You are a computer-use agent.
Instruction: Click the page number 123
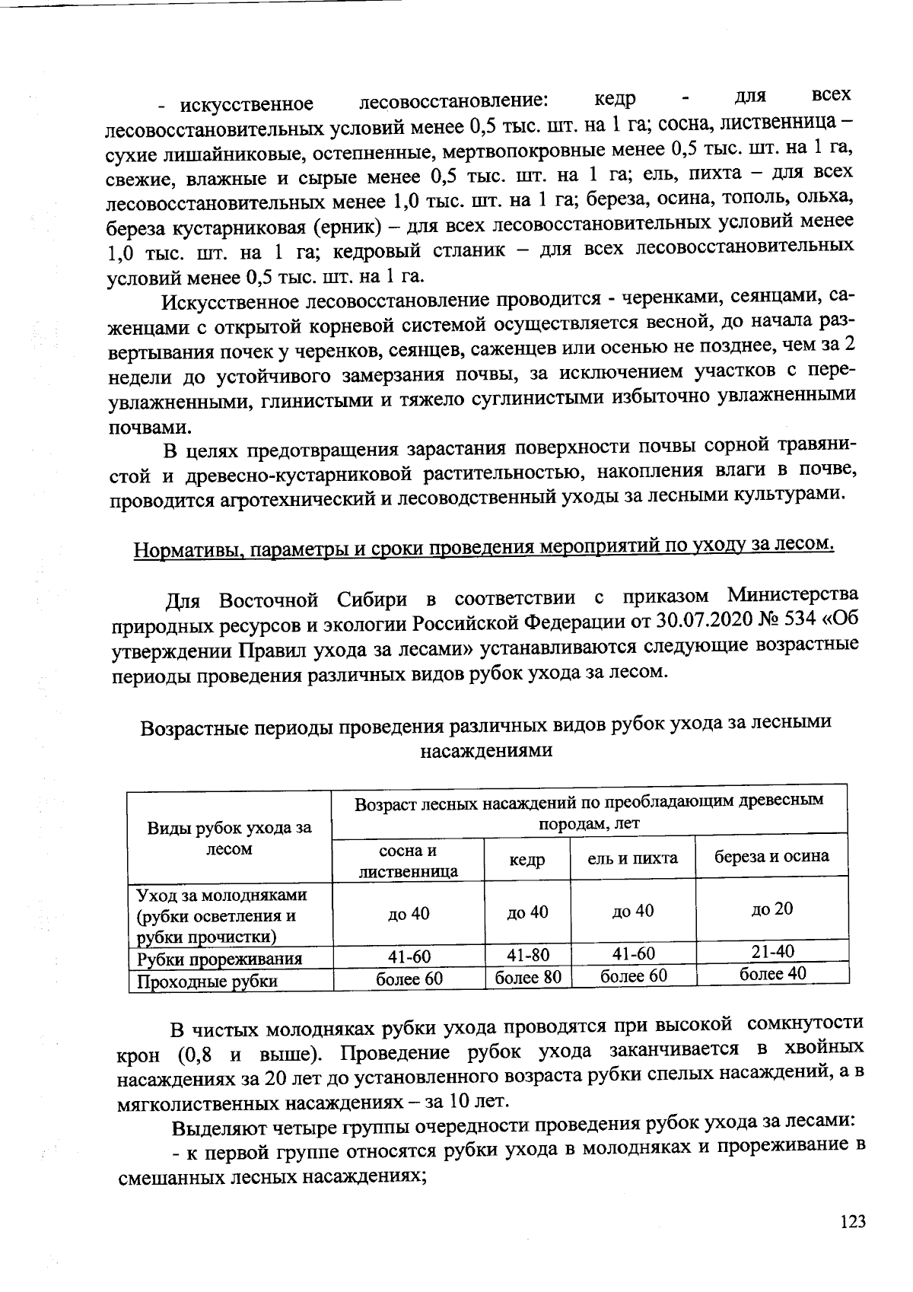[x=853, y=1223]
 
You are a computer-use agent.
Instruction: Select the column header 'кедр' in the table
[x=526, y=860]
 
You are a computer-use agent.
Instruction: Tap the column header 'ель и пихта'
[x=632, y=858]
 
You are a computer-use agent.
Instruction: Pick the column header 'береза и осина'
[x=771, y=856]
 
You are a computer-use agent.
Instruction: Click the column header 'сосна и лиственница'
[x=409, y=861]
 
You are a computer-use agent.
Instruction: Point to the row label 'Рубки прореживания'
[x=219, y=959]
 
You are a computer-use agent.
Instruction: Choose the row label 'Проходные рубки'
[x=206, y=982]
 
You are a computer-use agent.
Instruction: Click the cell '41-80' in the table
[x=527, y=955]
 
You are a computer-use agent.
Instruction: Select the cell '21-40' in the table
[x=772, y=951]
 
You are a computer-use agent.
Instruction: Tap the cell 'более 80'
[x=527, y=977]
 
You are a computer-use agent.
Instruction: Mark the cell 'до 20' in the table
[x=772, y=909]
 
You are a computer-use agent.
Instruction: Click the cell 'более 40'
[x=772, y=973]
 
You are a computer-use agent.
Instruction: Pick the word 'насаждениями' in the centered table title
[x=486, y=751]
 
